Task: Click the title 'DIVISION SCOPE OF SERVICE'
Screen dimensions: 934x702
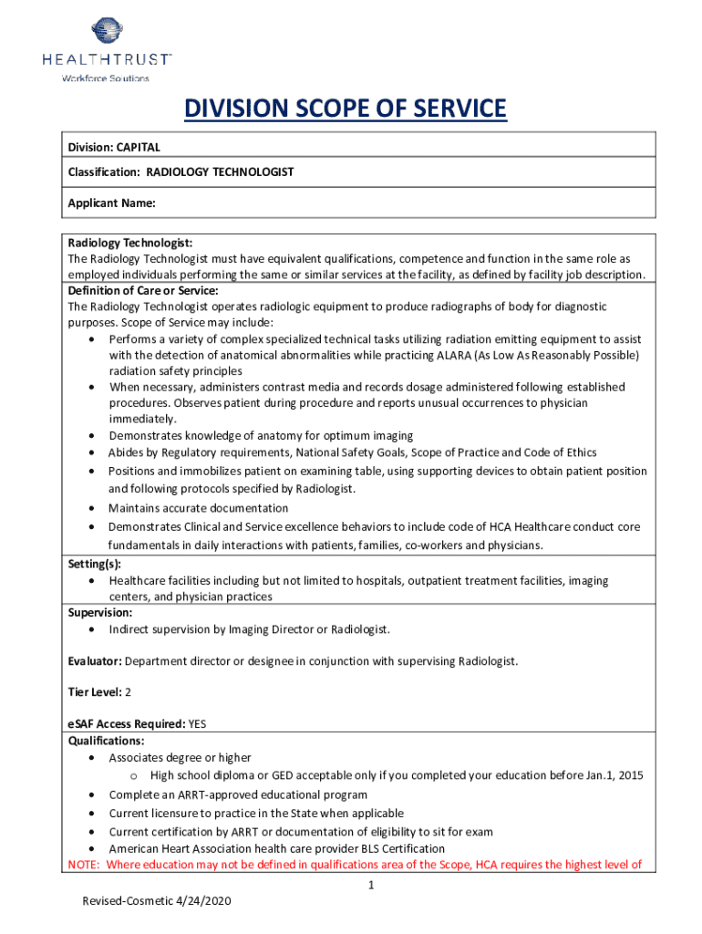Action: tap(345, 109)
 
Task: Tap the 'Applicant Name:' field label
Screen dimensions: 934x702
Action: tap(111, 202)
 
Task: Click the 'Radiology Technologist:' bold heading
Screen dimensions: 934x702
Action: tap(130, 243)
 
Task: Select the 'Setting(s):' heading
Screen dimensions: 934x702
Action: tap(94, 564)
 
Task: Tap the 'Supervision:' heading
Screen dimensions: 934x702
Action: tap(99, 612)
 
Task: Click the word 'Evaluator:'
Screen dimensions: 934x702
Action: tap(95, 661)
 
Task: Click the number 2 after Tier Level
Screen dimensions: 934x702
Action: tap(128, 693)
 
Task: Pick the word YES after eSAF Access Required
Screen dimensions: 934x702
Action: tap(197, 724)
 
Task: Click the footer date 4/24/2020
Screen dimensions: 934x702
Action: tap(206, 901)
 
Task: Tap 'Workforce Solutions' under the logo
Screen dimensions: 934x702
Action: tap(105, 78)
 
